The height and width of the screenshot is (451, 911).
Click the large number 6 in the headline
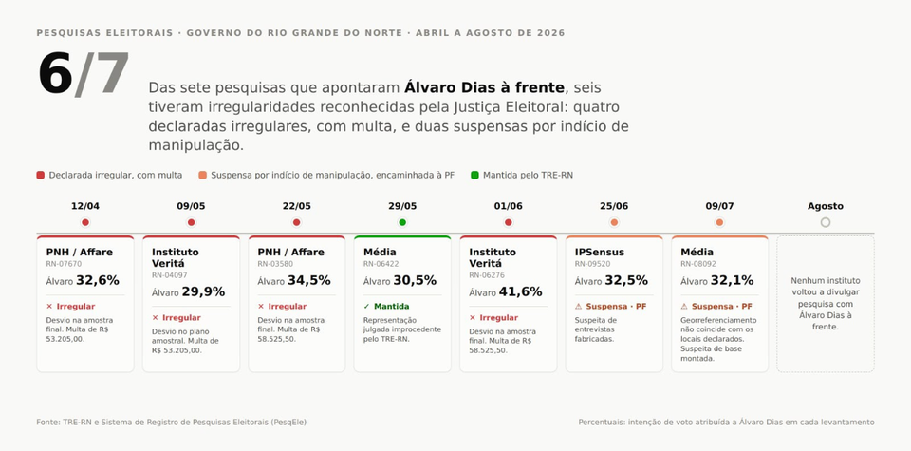[x=56, y=74]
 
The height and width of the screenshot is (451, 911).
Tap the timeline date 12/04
[x=85, y=206]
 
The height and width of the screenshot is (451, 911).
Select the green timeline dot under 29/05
[x=402, y=222]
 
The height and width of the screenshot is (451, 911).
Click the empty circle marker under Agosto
[x=826, y=222]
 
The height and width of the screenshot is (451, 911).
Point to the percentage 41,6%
[x=521, y=291]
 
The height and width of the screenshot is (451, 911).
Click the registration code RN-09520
[x=592, y=264]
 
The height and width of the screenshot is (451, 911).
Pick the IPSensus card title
[x=600, y=253]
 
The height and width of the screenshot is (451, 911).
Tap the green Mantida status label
[x=392, y=307]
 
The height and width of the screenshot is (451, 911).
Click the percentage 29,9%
[x=203, y=291]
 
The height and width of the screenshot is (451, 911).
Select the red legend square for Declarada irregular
[x=40, y=175]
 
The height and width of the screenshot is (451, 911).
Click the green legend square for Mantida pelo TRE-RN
[x=474, y=175]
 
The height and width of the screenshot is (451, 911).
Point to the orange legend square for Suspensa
[x=202, y=175]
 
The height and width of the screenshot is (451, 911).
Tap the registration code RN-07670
[x=64, y=264]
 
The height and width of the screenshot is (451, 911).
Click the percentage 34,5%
[x=309, y=280]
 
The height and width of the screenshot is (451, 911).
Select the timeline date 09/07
[x=720, y=206]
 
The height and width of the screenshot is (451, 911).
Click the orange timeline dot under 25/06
[x=614, y=222]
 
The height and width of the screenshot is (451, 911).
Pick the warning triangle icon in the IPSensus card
[x=578, y=307]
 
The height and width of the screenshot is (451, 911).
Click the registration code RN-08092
[x=698, y=264]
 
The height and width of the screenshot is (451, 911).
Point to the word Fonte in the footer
[x=46, y=422]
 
